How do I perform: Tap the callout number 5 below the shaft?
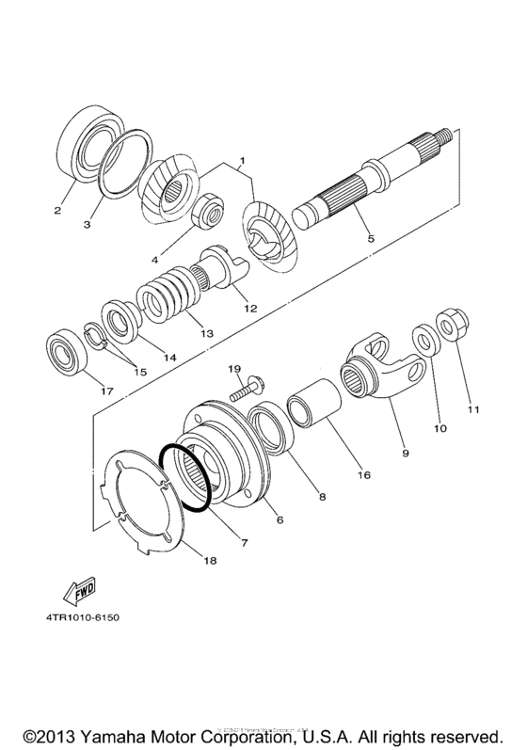tap(370, 238)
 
